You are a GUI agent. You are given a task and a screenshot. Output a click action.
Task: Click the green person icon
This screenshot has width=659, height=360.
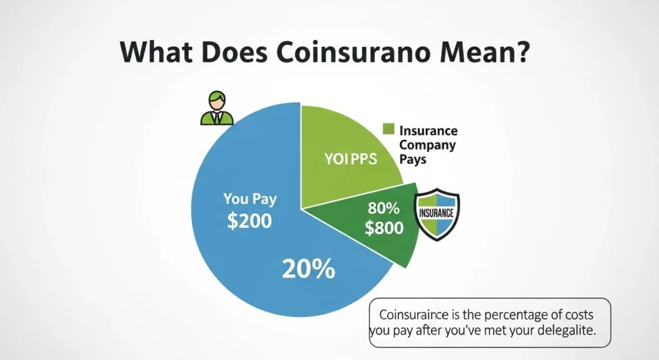216,108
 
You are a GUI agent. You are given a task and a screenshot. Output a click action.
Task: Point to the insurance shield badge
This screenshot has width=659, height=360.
437,213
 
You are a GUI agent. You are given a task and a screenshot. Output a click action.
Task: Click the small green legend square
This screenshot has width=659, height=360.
387,129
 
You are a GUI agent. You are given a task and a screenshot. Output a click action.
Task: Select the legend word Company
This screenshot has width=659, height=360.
427,145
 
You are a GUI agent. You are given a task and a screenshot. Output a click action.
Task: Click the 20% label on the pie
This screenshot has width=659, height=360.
309,269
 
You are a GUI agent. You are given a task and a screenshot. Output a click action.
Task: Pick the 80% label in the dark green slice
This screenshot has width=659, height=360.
384,209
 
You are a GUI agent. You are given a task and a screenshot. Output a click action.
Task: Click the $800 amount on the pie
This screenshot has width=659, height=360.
384,227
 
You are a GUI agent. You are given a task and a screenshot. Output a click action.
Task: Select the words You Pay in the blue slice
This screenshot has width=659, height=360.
249,199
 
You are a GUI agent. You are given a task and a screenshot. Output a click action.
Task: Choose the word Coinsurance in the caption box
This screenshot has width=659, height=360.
410,316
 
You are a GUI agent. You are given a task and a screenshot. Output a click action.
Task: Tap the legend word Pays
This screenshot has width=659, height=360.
413,159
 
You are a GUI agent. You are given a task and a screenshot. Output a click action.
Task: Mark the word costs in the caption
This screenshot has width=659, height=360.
576,316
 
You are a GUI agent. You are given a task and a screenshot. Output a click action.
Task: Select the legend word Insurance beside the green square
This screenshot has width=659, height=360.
429,131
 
